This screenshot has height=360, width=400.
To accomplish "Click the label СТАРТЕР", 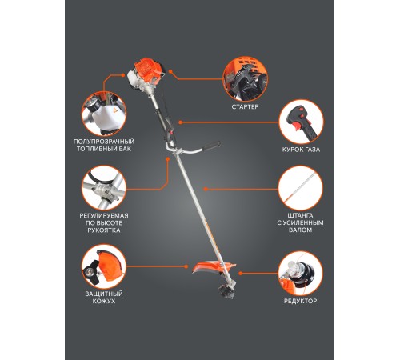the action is pos(245,107).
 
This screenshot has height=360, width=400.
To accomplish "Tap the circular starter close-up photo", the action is pos(245,79).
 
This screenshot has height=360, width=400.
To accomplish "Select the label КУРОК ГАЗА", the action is pos(301,150).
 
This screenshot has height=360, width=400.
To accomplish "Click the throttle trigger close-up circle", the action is pos(301,122).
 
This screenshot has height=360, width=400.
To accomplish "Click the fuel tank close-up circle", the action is pos(104,114).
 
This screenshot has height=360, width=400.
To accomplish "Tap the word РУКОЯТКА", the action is pos(104,230).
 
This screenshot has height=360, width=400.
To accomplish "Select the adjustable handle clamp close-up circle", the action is pos(104,188).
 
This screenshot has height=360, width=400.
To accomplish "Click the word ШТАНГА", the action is pos(301,215).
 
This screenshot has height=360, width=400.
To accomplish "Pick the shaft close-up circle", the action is pos(301,188).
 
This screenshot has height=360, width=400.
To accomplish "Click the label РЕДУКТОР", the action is pos(301,301).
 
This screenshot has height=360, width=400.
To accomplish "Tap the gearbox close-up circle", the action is pos(301,273).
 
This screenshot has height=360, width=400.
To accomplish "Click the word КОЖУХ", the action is pos(104,301).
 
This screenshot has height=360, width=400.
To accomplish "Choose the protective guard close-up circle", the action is pos(104,266).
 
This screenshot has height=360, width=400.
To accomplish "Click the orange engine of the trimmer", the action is pos(147,72).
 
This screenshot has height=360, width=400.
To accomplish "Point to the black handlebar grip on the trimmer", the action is pos(211,146).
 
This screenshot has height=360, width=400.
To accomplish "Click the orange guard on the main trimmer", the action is pos(214,267).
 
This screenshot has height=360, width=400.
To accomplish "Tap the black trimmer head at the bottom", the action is pos(226,291).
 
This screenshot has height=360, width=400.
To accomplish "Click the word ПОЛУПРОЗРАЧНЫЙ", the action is pos(104,142).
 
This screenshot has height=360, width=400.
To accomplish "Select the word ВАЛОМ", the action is pos(301,230).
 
